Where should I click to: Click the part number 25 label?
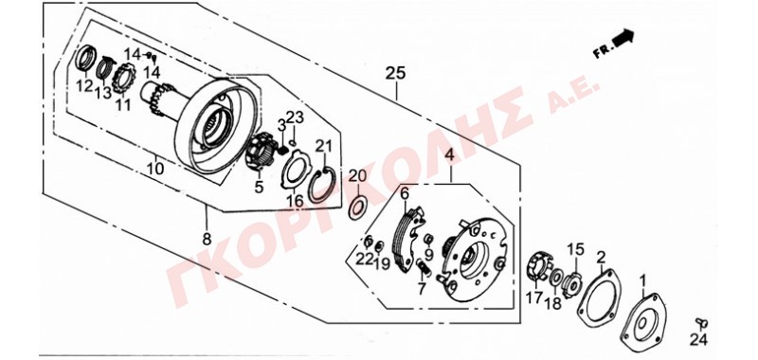395,74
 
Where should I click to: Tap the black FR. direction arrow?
623,37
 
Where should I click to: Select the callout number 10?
155,169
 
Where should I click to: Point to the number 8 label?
207,239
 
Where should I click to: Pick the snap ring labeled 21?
321,184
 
